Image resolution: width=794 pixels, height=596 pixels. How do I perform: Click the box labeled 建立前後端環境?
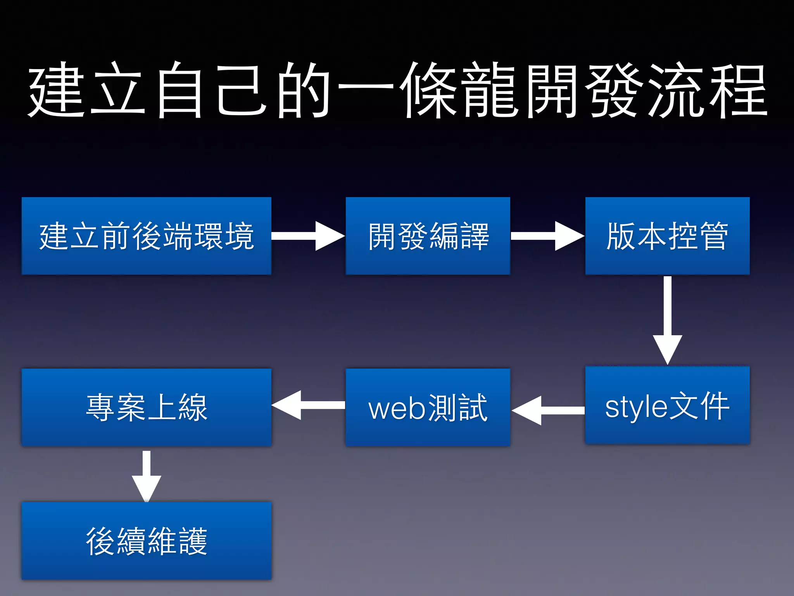147,236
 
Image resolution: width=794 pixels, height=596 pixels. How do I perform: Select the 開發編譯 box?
428,236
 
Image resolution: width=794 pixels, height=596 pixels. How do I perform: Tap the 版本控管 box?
667,236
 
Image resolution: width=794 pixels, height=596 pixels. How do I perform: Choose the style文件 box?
667,405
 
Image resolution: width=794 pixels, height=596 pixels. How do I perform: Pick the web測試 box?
428,407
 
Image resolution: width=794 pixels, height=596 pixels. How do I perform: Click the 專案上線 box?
147,407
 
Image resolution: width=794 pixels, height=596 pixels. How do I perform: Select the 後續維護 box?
147,541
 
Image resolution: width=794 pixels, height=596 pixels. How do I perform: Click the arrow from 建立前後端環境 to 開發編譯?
308,236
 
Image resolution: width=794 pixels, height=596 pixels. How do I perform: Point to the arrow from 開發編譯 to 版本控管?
547,236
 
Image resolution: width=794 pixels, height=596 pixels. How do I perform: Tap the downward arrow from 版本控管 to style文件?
667,320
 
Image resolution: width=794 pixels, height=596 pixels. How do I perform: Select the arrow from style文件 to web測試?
547,411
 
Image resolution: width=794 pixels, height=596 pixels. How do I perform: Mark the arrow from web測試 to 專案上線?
308,405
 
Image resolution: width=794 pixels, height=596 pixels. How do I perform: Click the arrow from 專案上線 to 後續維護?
147,475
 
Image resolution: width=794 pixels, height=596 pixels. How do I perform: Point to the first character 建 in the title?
56,90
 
